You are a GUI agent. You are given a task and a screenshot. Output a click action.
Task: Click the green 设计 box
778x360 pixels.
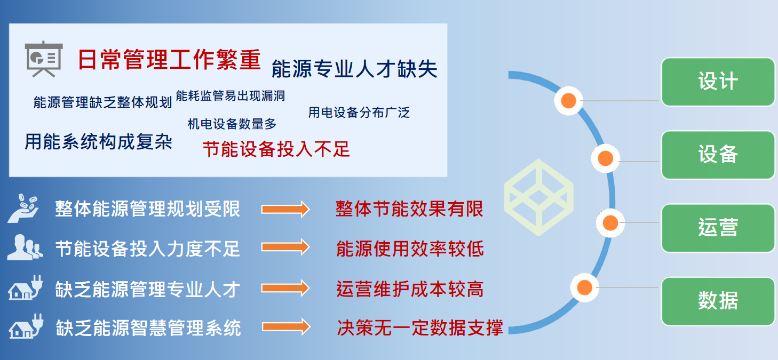[x=718, y=82]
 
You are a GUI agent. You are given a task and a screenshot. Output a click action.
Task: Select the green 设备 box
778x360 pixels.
[x=718, y=155]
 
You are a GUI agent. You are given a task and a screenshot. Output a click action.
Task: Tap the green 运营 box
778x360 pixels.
[x=718, y=228]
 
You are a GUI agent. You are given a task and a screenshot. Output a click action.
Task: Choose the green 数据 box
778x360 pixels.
[x=718, y=301]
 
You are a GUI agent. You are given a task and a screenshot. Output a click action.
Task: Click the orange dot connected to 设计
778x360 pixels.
[x=569, y=101]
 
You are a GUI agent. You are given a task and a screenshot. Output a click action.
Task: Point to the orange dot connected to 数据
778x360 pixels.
[x=584, y=287]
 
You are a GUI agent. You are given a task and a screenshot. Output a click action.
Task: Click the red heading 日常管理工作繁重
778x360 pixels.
[x=169, y=59]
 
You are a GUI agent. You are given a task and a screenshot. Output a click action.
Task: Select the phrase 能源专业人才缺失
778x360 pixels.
[x=354, y=69]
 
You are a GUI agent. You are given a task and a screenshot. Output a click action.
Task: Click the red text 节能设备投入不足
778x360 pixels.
[x=276, y=149]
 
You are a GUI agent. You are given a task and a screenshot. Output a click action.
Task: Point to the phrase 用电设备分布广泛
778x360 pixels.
[x=359, y=113]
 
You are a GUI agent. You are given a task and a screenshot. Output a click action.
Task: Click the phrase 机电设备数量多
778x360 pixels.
[x=232, y=124]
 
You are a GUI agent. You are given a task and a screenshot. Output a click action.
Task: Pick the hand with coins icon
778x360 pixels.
[x=23, y=209]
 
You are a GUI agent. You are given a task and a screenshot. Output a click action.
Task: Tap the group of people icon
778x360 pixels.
[x=25, y=247]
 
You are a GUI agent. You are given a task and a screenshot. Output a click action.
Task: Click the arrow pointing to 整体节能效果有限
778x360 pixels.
[x=285, y=210]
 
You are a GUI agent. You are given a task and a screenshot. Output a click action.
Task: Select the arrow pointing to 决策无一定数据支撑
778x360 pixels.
[x=286, y=327]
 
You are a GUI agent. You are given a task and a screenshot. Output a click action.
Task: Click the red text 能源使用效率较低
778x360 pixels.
[x=410, y=249]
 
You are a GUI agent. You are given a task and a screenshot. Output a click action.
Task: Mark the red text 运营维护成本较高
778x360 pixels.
[x=410, y=289]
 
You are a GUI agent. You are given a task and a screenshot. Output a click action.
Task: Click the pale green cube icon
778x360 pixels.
[x=539, y=197]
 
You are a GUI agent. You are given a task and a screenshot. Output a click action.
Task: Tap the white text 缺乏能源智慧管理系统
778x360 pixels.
[x=148, y=328]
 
